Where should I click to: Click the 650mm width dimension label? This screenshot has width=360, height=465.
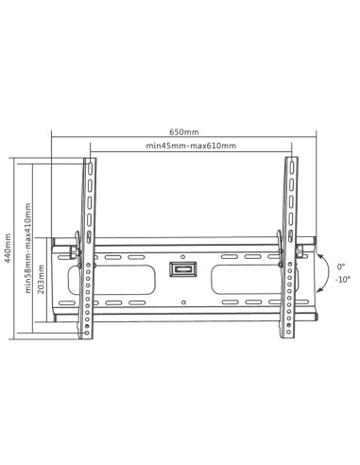click(184, 132)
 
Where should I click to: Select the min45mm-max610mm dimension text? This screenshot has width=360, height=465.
click(191, 146)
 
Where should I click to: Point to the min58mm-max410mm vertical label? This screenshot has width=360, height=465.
click(28, 248)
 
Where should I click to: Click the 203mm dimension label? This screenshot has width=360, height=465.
click(41, 279)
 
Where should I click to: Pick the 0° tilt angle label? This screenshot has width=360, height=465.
click(341, 267)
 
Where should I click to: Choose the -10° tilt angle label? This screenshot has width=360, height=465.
click(343, 280)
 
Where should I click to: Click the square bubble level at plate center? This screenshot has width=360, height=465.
click(183, 269)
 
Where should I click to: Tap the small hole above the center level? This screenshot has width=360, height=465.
click(183, 256)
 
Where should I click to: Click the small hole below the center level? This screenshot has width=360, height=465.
click(183, 302)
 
